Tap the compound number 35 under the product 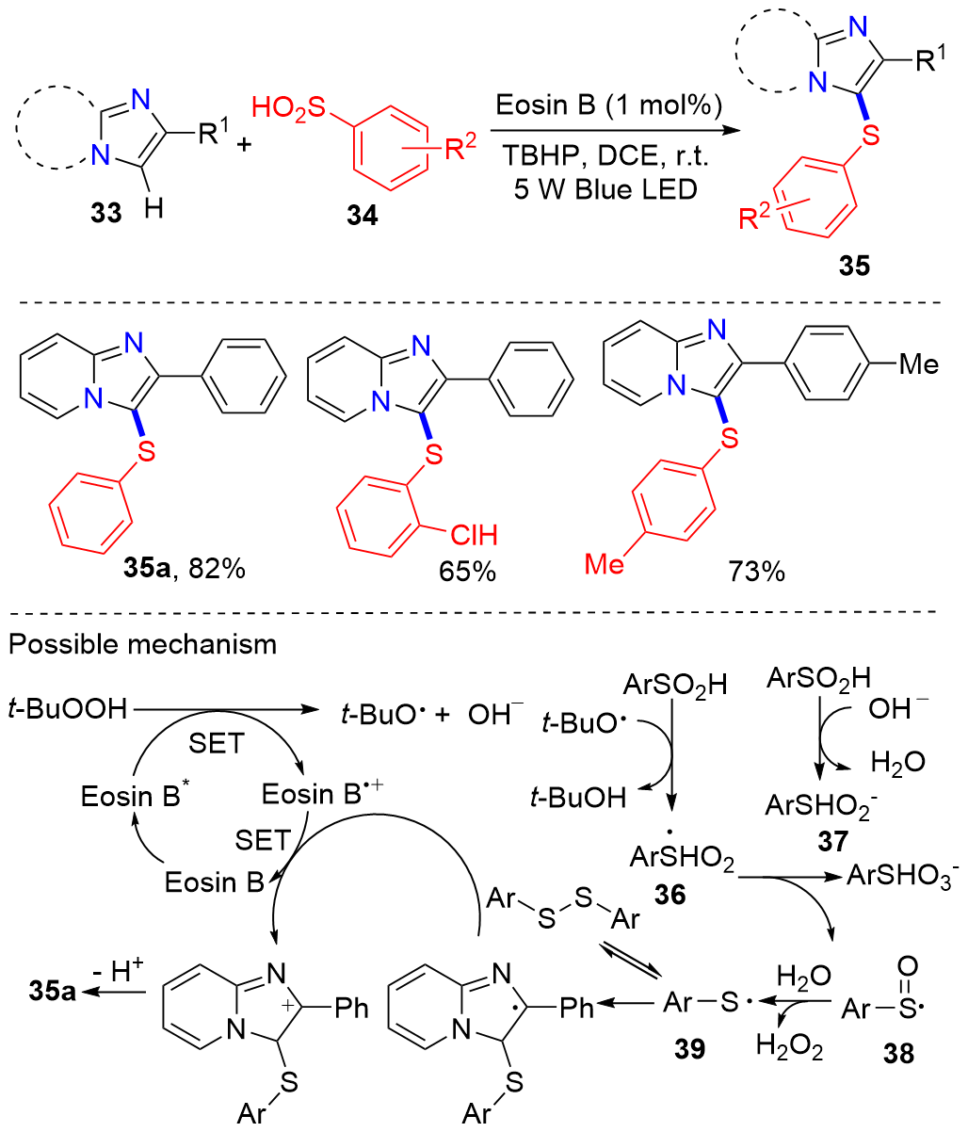pyautogui.click(x=855, y=267)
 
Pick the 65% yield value pyautogui.click(x=465, y=571)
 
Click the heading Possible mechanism pyautogui.click(x=142, y=645)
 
